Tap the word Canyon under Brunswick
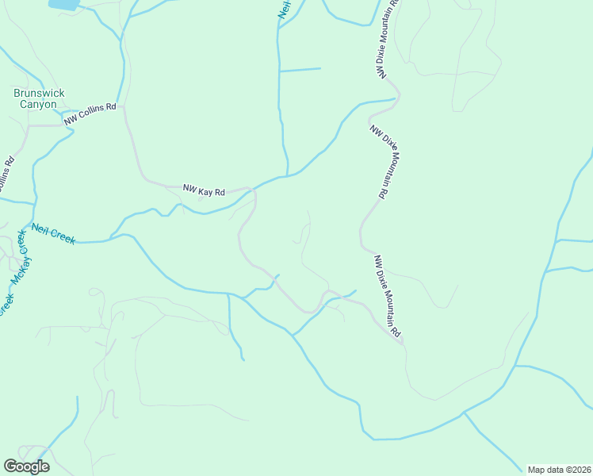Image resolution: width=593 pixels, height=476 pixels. point(38,104)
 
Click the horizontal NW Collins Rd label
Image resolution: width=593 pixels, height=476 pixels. point(90,113)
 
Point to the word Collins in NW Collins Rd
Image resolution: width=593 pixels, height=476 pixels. point(94,112)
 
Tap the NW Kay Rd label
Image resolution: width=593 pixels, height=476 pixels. point(205,190)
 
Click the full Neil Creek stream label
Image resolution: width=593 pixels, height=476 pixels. point(53,233)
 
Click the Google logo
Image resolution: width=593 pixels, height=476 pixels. point(26,466)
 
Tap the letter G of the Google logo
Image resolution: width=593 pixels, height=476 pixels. point(10,466)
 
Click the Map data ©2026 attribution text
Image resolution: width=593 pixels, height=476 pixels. point(559,470)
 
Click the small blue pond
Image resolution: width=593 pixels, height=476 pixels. point(63,4)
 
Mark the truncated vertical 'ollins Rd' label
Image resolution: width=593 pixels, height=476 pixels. point(6,173)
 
